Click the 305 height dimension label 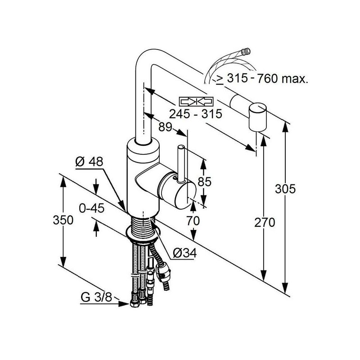285,189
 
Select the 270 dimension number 265,223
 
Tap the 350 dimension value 63,220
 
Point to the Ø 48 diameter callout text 89,162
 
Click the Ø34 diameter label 185,253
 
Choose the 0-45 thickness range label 92,208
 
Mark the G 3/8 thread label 96,297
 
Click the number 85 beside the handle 204,182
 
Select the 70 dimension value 193,221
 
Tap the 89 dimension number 165,127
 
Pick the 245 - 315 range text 196,114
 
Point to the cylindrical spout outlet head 258,117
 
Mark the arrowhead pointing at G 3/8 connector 124,304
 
